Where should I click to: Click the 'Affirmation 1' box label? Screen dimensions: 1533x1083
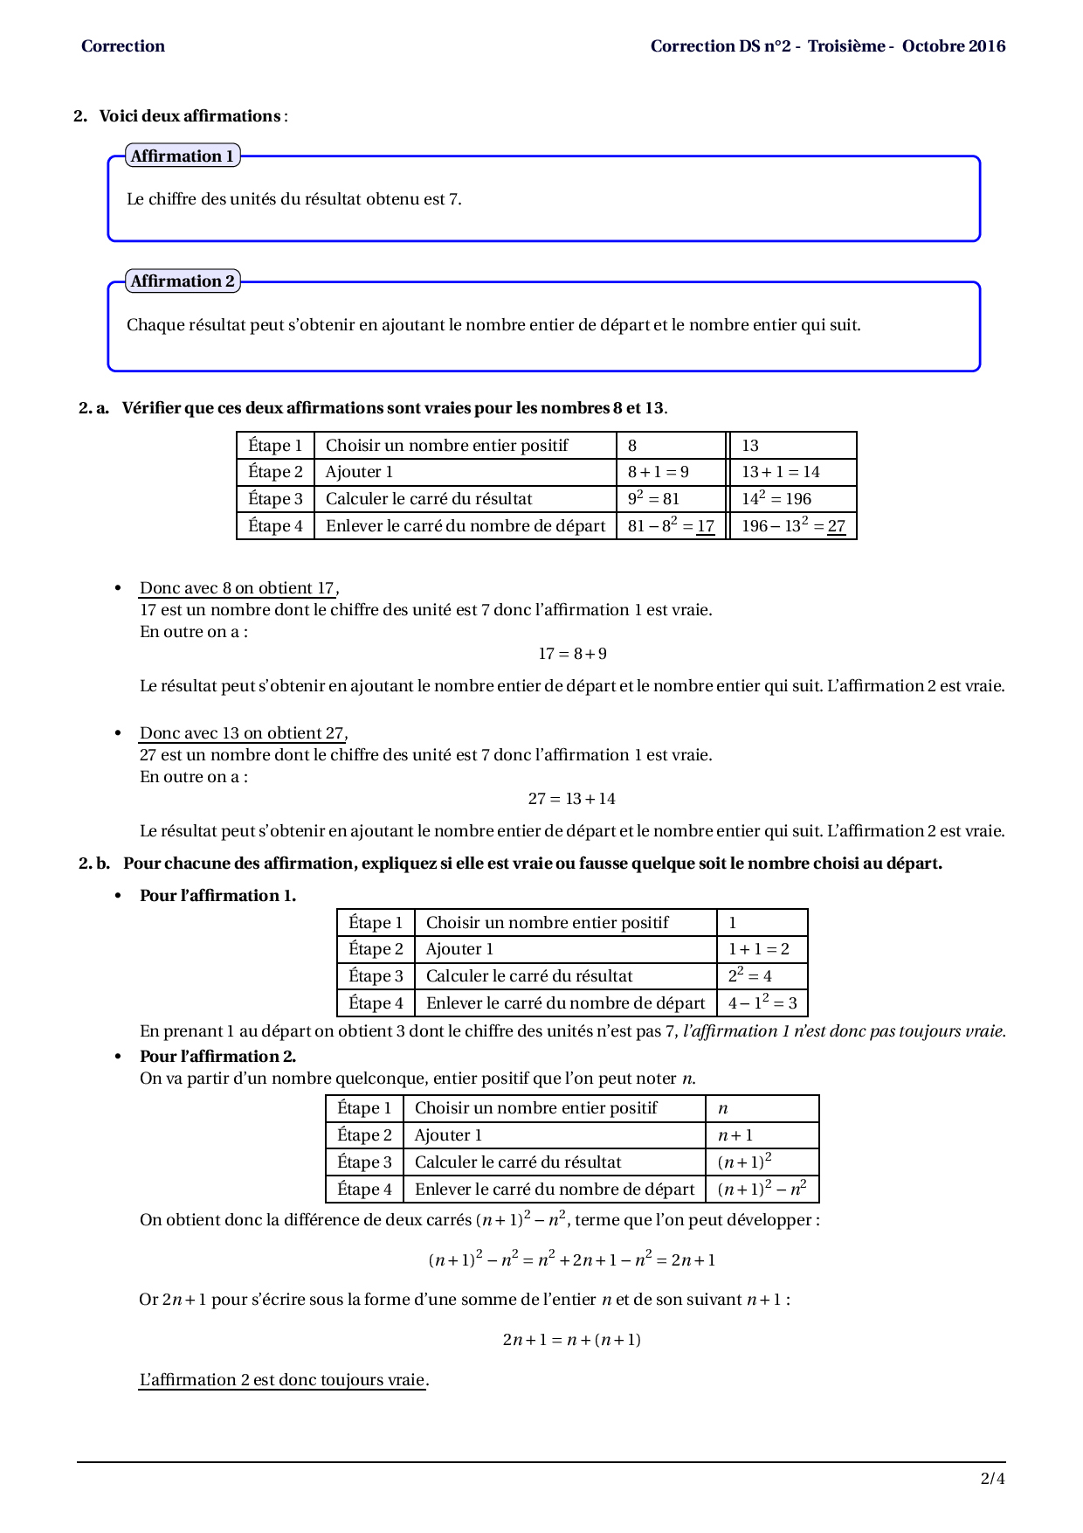point(182,156)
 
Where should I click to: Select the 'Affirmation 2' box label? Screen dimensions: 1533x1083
point(182,281)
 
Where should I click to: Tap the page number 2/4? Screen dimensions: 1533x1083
point(992,1479)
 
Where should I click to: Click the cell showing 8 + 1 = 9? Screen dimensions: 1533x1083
point(659,472)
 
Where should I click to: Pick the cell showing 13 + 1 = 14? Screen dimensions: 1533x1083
point(781,472)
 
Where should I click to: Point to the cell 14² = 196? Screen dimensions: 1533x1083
point(776,498)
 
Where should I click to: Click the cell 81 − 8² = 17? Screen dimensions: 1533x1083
point(671,525)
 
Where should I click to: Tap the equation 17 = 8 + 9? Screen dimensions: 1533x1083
point(572,654)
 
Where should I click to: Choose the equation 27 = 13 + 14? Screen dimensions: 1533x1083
point(571,799)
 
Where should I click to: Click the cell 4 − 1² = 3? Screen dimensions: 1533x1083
point(762,1002)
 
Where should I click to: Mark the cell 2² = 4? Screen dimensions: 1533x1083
point(750,975)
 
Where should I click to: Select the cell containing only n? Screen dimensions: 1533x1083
point(723,1108)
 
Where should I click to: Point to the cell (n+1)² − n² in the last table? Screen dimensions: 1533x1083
point(762,1189)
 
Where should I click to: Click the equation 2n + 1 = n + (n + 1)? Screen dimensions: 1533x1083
point(571,1339)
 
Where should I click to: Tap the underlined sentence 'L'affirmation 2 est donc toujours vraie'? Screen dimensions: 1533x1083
point(282,1380)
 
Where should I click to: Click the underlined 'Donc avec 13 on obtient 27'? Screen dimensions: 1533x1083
point(242,733)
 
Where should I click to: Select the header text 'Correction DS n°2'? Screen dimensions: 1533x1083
point(721,46)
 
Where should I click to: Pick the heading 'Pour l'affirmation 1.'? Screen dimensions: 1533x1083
point(217,896)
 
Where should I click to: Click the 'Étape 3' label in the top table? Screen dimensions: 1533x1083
point(275,499)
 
